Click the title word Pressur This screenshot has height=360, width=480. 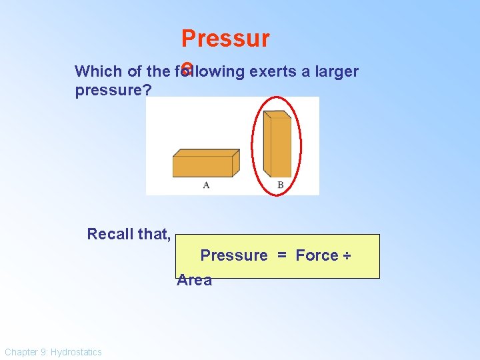(225, 39)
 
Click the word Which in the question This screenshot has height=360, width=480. (95, 71)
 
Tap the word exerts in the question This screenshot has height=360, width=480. (271, 71)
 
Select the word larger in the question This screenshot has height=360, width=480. (334, 71)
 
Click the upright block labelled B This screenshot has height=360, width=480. (277, 145)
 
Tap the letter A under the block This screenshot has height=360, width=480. (206, 185)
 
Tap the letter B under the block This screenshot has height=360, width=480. (280, 185)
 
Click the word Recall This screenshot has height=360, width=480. (109, 234)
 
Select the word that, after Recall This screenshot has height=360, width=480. (155, 234)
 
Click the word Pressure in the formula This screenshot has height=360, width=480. (234, 255)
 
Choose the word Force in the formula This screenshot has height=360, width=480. (317, 255)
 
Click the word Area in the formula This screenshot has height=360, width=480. (194, 280)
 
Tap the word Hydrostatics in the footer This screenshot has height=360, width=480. (77, 352)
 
